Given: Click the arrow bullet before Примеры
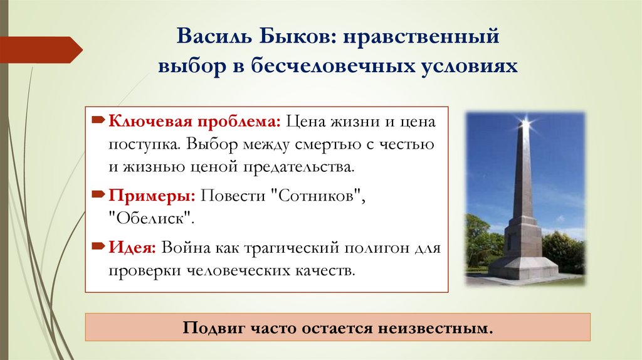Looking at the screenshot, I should (x=100, y=195).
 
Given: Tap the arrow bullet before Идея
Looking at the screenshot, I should (x=100, y=246).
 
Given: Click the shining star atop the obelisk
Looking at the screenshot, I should (x=525, y=122).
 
